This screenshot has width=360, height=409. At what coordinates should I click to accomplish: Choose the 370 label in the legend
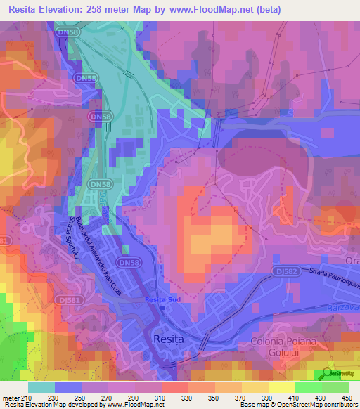(x=240, y=398)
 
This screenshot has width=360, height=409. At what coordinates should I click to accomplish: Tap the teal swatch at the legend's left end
(x=41, y=387)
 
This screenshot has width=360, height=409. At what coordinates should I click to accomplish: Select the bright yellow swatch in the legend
(x=281, y=387)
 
